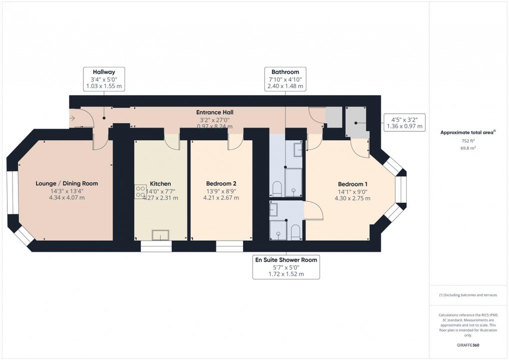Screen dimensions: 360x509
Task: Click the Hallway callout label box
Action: point(103,79)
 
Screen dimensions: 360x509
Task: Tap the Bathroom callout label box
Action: point(285,79)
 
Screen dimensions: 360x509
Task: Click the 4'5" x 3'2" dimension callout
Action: point(405,122)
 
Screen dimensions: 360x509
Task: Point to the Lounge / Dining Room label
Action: point(67,184)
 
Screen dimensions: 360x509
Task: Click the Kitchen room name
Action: point(160,184)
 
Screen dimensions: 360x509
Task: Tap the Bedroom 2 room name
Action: point(221,184)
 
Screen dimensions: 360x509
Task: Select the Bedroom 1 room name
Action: point(352,184)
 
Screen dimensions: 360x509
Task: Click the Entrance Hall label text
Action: point(215,112)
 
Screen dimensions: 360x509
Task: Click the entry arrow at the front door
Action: point(73,118)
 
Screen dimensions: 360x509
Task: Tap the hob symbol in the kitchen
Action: point(139,192)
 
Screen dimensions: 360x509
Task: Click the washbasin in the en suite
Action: point(274,209)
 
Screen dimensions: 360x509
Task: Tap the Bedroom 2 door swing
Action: point(235,143)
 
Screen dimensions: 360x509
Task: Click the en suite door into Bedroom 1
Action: point(313,211)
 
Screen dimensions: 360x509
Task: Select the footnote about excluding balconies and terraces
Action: point(468,295)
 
